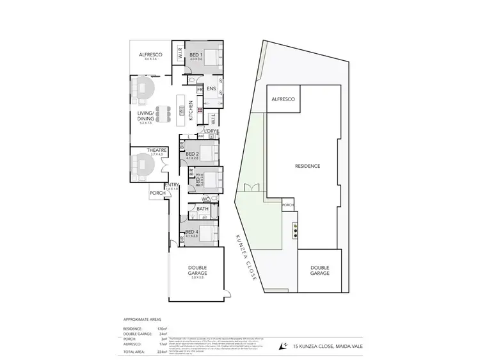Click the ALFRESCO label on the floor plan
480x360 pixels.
tap(151, 55)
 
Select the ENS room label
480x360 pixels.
tap(211, 89)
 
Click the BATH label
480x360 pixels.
tap(202, 209)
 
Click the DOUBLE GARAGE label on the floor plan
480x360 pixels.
tap(196, 269)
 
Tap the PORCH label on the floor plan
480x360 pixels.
tap(157, 193)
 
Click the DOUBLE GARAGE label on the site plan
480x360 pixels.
tap(319, 270)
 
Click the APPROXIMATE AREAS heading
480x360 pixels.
tap(142, 318)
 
